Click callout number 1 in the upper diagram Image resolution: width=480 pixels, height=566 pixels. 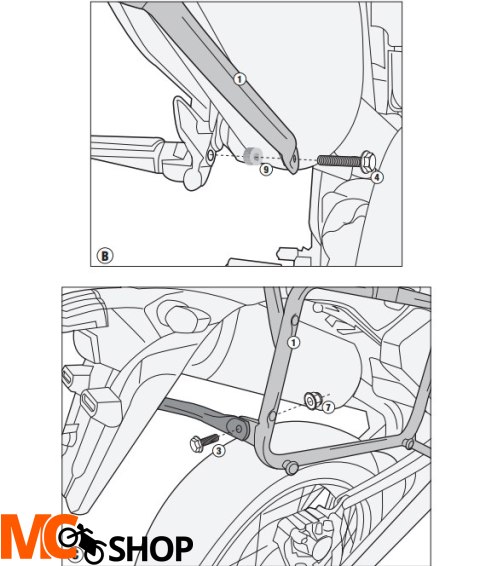[239, 77]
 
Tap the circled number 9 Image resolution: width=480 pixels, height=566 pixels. [265, 171]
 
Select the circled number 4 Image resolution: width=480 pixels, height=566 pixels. [377, 177]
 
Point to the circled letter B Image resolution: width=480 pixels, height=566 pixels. [104, 255]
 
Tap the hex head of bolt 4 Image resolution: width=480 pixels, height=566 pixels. [368, 160]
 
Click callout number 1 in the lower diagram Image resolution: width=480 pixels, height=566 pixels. [294, 342]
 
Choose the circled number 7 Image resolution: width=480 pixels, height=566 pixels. [327, 408]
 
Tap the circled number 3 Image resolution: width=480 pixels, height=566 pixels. [219, 452]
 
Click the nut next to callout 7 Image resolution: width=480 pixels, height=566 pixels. [311, 399]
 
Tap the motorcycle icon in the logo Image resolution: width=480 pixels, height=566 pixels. [80, 543]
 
